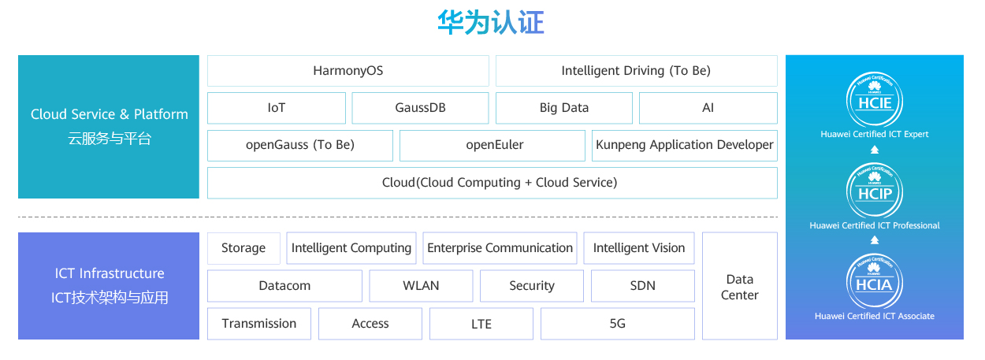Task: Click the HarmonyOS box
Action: pos(348,71)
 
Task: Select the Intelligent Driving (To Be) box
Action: pos(636,71)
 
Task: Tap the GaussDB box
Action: pos(420,108)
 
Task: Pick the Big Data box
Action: pos(564,108)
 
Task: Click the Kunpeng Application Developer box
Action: pos(685,145)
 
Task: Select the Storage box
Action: pos(243,248)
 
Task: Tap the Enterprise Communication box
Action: pos(500,248)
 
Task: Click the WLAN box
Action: pos(421,286)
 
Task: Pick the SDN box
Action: pos(642,286)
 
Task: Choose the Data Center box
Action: pos(739,287)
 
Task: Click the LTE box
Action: pos(481,324)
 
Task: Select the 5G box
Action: pos(618,324)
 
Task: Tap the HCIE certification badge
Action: pos(874,98)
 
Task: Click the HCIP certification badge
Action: pos(874,191)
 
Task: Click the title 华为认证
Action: pos(491,23)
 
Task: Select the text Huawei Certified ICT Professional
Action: pos(875,225)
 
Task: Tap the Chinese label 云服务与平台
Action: pos(109,139)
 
